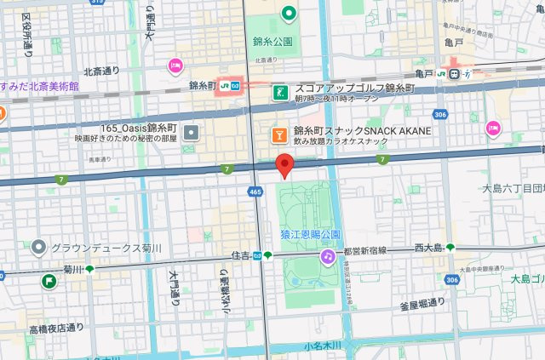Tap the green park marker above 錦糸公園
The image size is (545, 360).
[289, 13]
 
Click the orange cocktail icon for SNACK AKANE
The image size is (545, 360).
[278, 134]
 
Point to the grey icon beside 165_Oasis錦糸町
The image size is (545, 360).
[191, 132]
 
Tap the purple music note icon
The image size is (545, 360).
[327, 256]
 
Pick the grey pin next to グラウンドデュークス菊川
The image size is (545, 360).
[37, 249]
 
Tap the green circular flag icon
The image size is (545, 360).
[50, 281]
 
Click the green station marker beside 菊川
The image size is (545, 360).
[89, 270]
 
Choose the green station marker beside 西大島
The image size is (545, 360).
[450, 248]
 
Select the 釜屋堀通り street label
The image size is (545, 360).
[418, 302]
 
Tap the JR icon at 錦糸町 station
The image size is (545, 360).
[226, 85]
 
